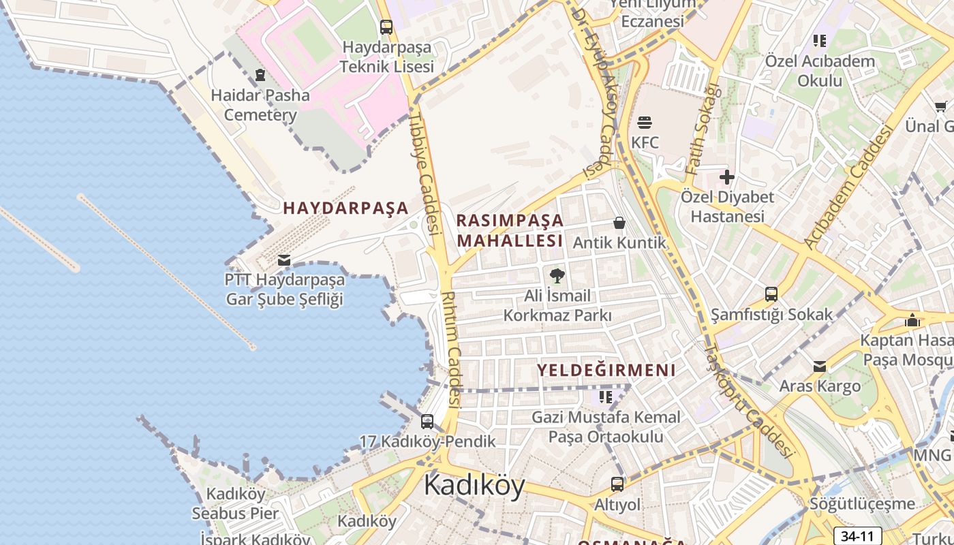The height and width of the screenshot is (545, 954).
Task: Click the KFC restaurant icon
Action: click(645, 123)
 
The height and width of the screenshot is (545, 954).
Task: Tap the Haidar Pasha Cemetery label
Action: click(260, 105)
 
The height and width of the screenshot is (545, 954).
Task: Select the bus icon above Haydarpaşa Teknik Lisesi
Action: click(386, 27)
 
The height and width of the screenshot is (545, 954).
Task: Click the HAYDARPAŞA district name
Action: click(345, 208)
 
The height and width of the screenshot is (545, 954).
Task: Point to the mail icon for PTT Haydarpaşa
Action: click(284, 260)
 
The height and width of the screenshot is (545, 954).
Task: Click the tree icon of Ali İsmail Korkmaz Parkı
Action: click(557, 276)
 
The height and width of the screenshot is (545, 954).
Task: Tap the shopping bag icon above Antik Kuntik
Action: click(619, 223)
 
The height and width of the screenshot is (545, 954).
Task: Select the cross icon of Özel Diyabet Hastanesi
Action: click(727, 178)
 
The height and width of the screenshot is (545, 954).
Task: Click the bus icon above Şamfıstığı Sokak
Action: click(771, 294)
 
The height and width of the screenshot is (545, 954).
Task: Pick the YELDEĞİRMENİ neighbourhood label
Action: click(606, 370)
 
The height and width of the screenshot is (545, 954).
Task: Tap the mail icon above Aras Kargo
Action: click(820, 367)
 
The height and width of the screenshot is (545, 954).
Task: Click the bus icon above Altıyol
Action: click(617, 484)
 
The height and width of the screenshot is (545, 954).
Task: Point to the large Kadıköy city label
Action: click(474, 486)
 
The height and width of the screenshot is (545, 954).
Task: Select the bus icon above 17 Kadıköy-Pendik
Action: click(427, 422)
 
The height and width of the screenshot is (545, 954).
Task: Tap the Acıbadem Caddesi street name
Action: click(848, 187)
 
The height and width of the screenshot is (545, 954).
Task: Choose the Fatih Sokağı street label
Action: click(703, 129)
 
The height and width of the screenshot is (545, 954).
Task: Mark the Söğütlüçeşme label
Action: click(862, 504)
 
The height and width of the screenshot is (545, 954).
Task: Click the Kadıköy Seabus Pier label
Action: click(235, 503)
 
